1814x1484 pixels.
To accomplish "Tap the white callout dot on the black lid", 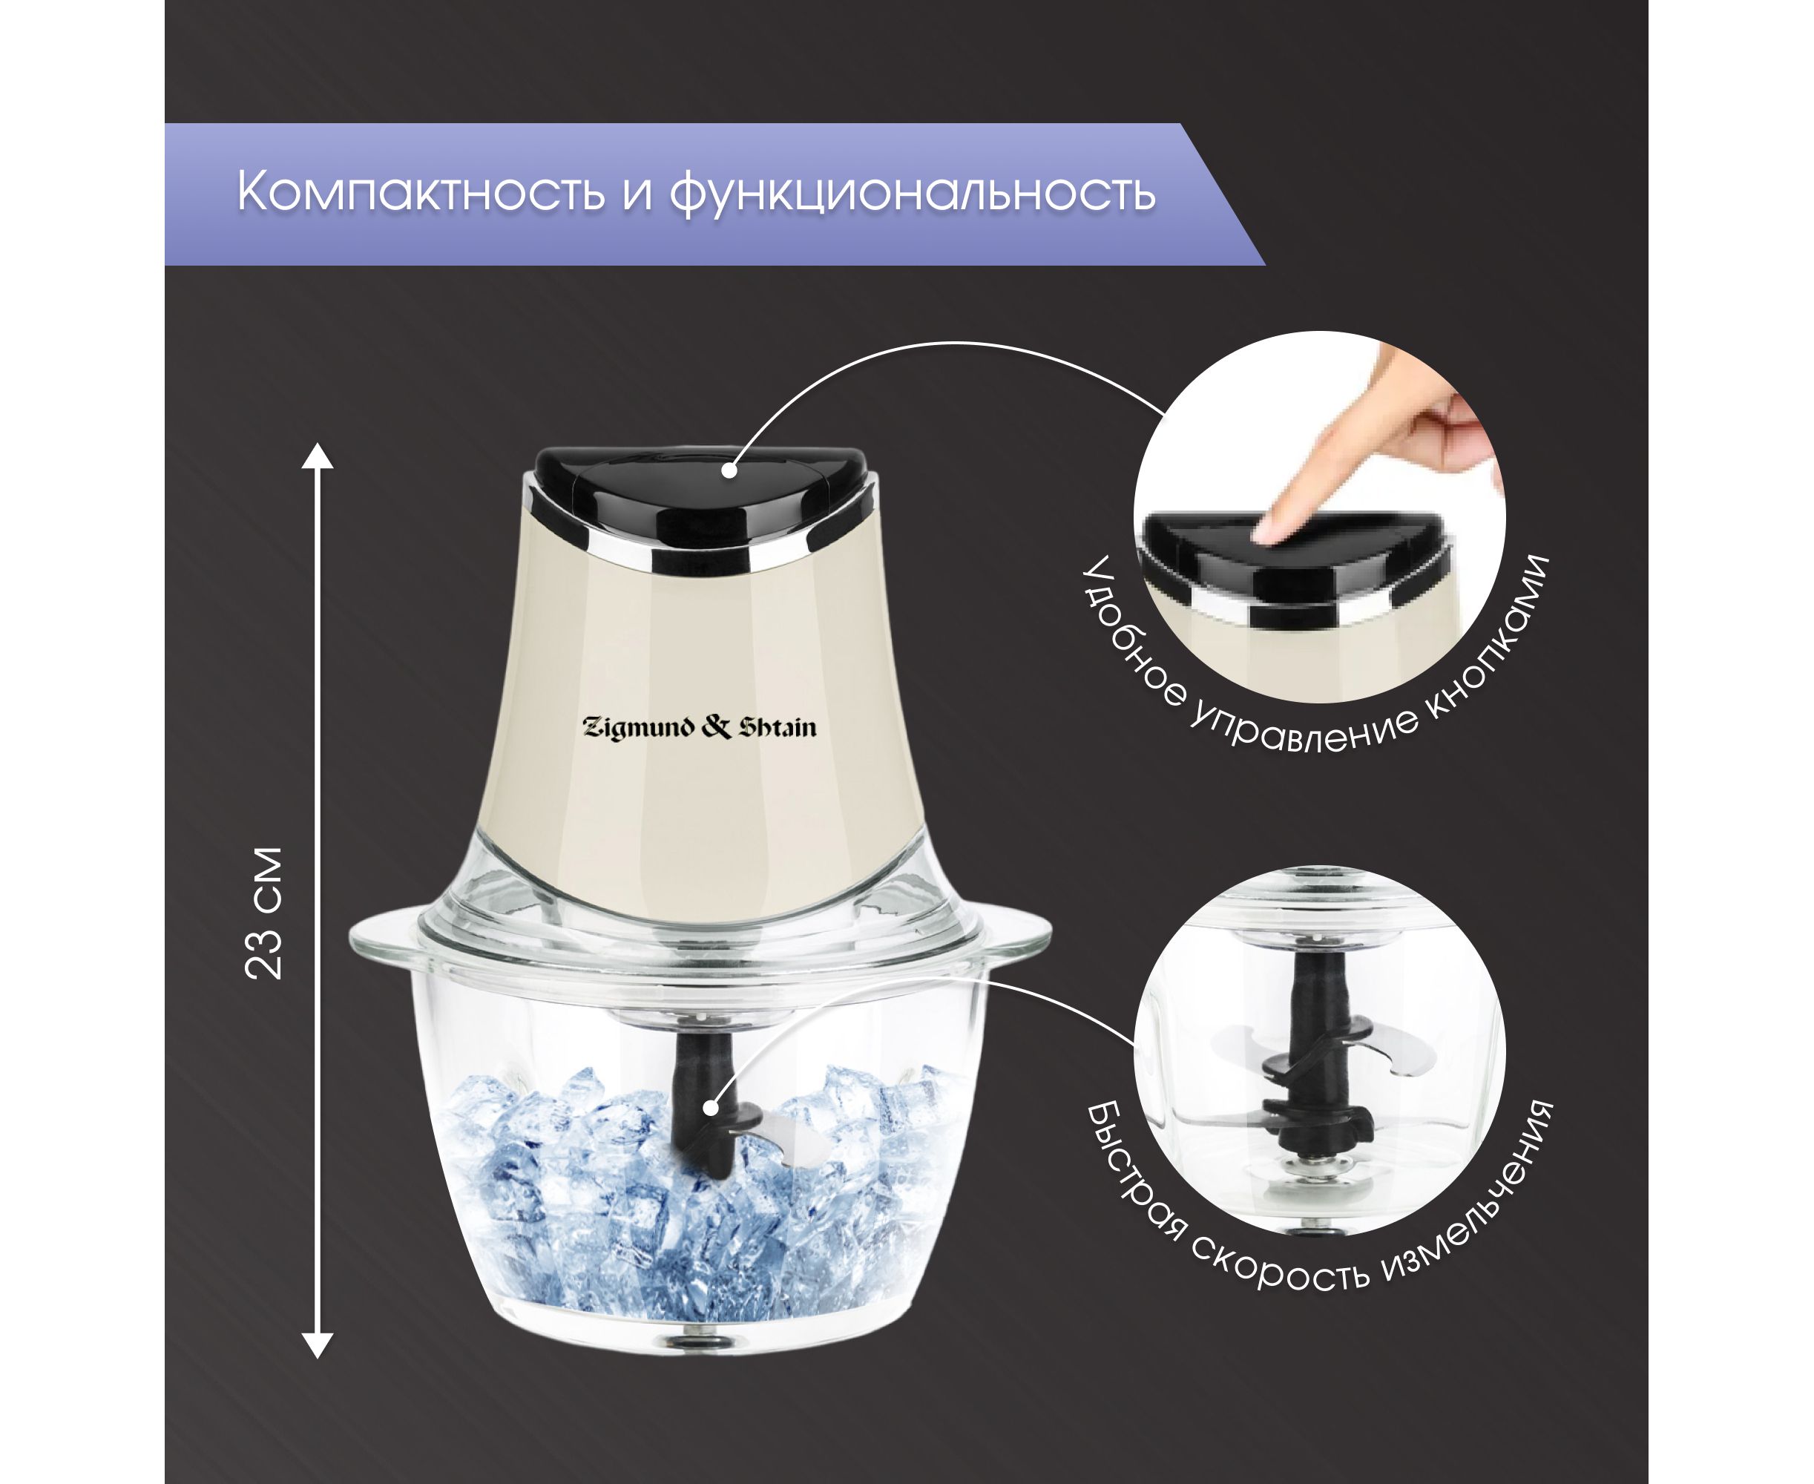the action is (x=729, y=469).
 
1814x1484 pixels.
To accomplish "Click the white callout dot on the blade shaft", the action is (x=710, y=1108).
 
